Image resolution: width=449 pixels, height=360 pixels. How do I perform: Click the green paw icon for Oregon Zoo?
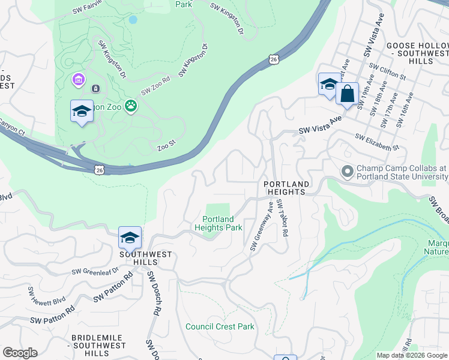tap(131, 107)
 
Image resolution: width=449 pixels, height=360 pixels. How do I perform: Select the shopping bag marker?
tap(347, 94)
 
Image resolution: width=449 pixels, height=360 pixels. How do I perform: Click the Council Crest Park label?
tap(220, 326)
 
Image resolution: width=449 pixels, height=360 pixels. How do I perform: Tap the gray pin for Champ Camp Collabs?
tap(347, 172)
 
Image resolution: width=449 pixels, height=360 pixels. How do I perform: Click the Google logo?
tap(20, 353)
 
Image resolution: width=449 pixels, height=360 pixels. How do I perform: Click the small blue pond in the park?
tap(133, 19)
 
